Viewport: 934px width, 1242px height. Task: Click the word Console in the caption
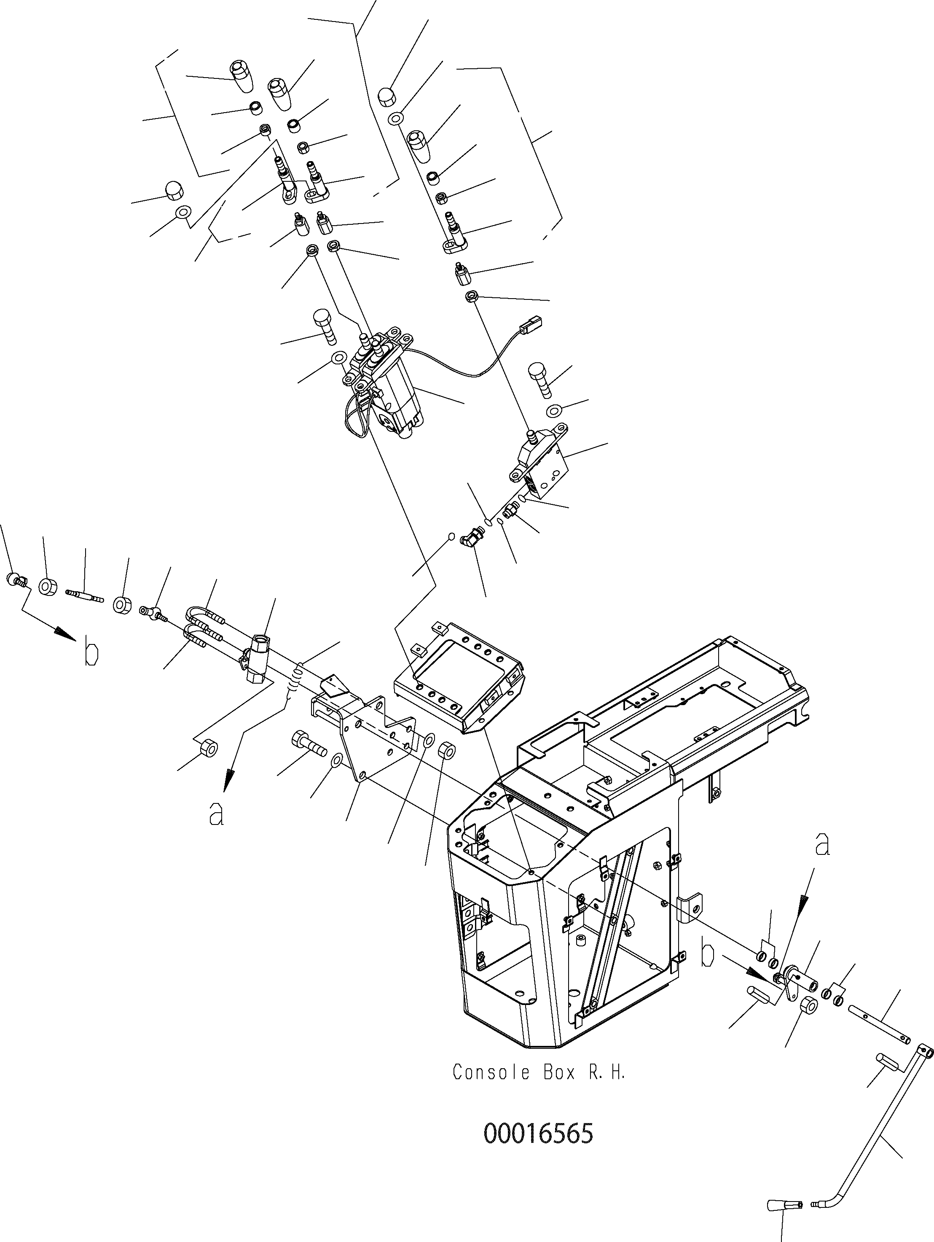tap(491, 1072)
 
